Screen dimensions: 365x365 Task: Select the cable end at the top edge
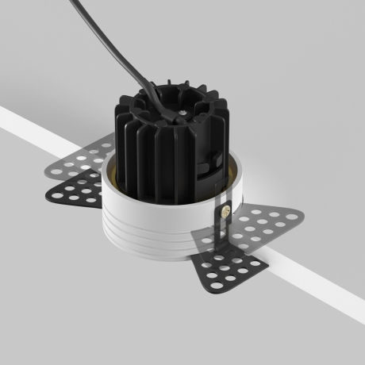[76, 3]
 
